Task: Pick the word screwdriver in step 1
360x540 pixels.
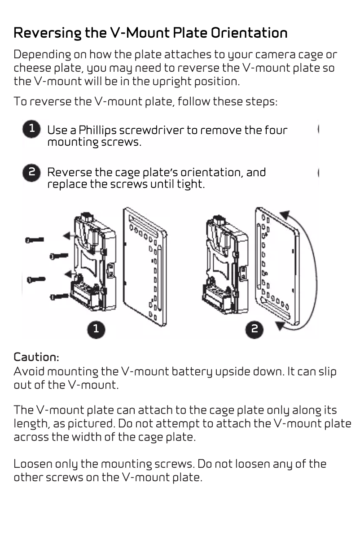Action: (154, 131)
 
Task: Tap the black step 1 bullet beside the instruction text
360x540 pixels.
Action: (31, 129)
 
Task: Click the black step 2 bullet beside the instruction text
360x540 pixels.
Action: (31, 172)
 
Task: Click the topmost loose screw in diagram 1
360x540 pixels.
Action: (35, 240)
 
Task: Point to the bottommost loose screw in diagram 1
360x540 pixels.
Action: (59, 296)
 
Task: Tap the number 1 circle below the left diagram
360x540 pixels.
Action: (96, 329)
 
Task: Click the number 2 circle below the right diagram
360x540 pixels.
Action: (254, 329)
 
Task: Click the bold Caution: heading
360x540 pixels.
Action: (36, 357)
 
